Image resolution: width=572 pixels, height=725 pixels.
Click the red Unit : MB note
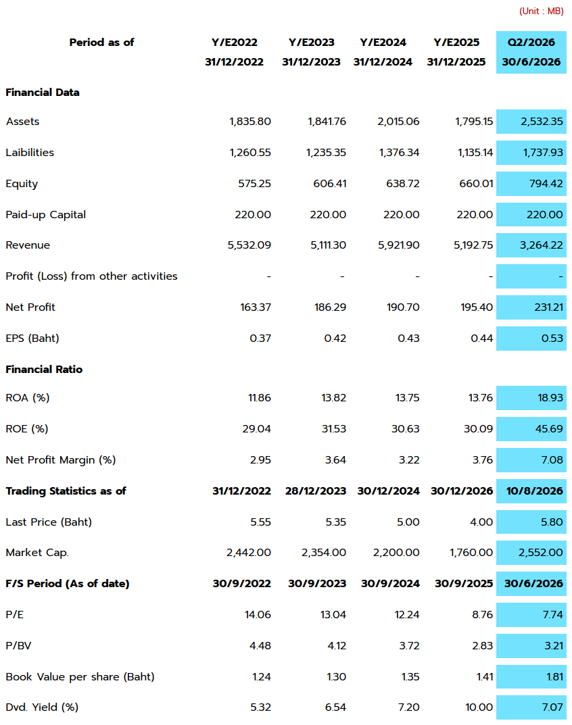(x=541, y=11)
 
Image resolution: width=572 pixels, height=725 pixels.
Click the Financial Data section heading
(x=43, y=92)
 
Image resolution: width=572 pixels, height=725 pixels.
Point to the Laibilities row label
(x=30, y=152)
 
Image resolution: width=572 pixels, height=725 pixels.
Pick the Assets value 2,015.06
(x=398, y=121)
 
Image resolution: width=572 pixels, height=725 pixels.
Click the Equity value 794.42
(x=546, y=183)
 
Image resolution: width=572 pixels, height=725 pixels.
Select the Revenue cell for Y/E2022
(x=249, y=245)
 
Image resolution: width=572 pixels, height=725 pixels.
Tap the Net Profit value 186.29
(x=331, y=307)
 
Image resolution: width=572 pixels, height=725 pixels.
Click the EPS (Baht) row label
(x=32, y=338)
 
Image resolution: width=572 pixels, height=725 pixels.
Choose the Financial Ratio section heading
(x=44, y=369)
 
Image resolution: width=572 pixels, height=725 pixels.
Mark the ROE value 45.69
(x=549, y=428)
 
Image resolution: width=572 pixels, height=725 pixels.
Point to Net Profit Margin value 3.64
(x=335, y=459)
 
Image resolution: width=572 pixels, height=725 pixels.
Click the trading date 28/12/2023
(x=316, y=491)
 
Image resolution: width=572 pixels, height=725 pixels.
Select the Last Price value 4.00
(x=481, y=522)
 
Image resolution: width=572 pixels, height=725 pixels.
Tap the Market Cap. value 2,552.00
(x=540, y=552)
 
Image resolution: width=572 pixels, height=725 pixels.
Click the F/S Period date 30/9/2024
(x=391, y=583)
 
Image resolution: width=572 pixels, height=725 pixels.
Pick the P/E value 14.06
(x=258, y=614)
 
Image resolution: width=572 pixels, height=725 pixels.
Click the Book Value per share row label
(x=80, y=676)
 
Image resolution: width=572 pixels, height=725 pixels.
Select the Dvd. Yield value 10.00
(x=479, y=707)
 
